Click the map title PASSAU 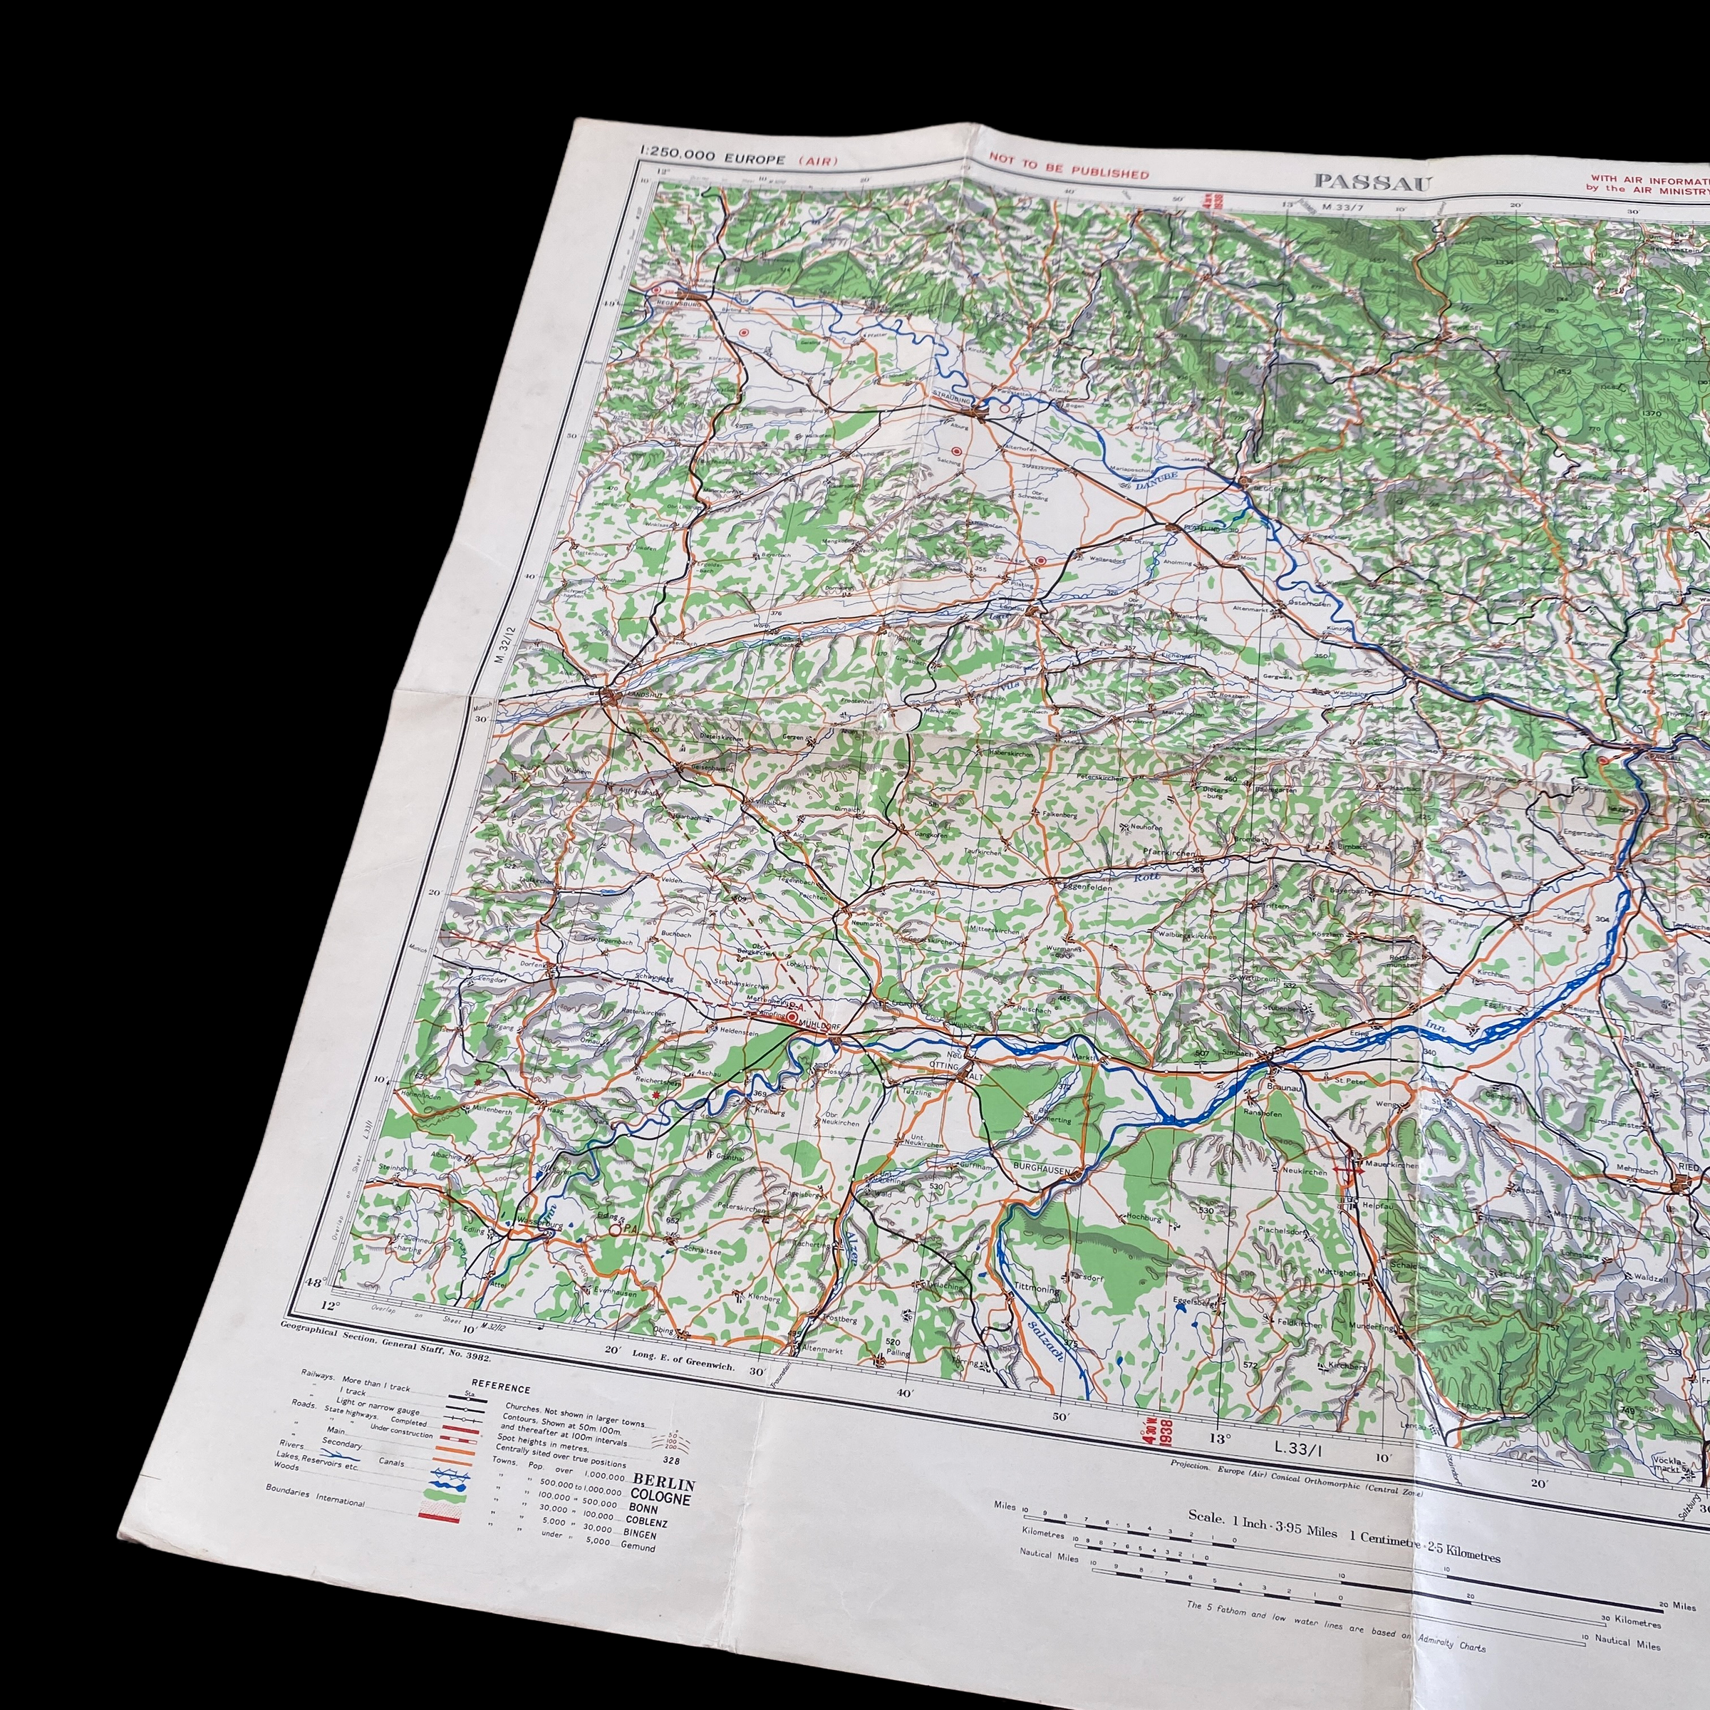1370,182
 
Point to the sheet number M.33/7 1340,207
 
